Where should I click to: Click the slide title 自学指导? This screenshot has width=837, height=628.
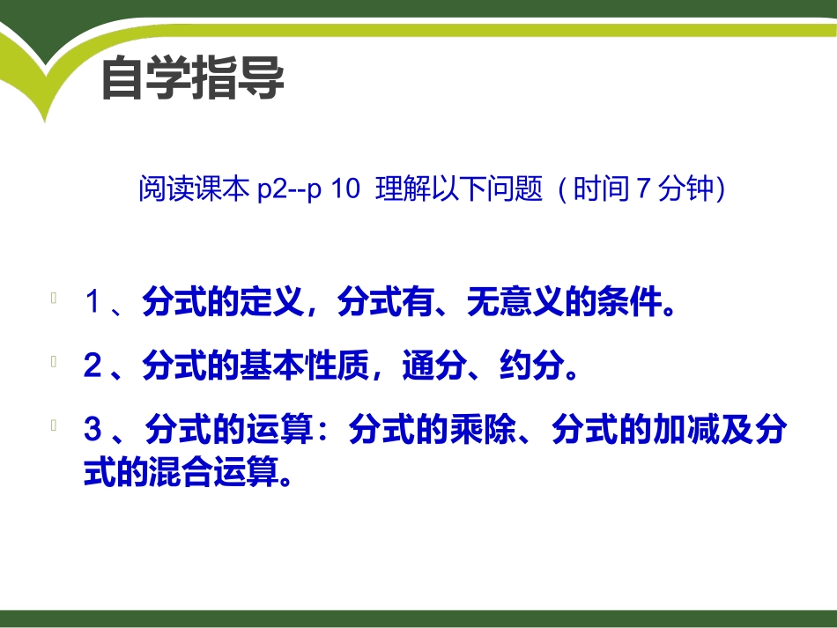coord(193,79)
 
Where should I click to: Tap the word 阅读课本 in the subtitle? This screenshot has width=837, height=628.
coord(195,189)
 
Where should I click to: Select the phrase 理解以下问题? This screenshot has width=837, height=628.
coord(458,189)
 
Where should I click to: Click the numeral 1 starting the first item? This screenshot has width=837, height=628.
coord(93,304)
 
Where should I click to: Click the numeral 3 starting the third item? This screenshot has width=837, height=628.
coord(93,430)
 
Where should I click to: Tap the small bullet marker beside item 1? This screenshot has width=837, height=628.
coord(55,299)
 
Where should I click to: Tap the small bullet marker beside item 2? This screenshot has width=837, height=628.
coord(55,360)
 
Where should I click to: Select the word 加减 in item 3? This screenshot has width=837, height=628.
coord(687,430)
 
